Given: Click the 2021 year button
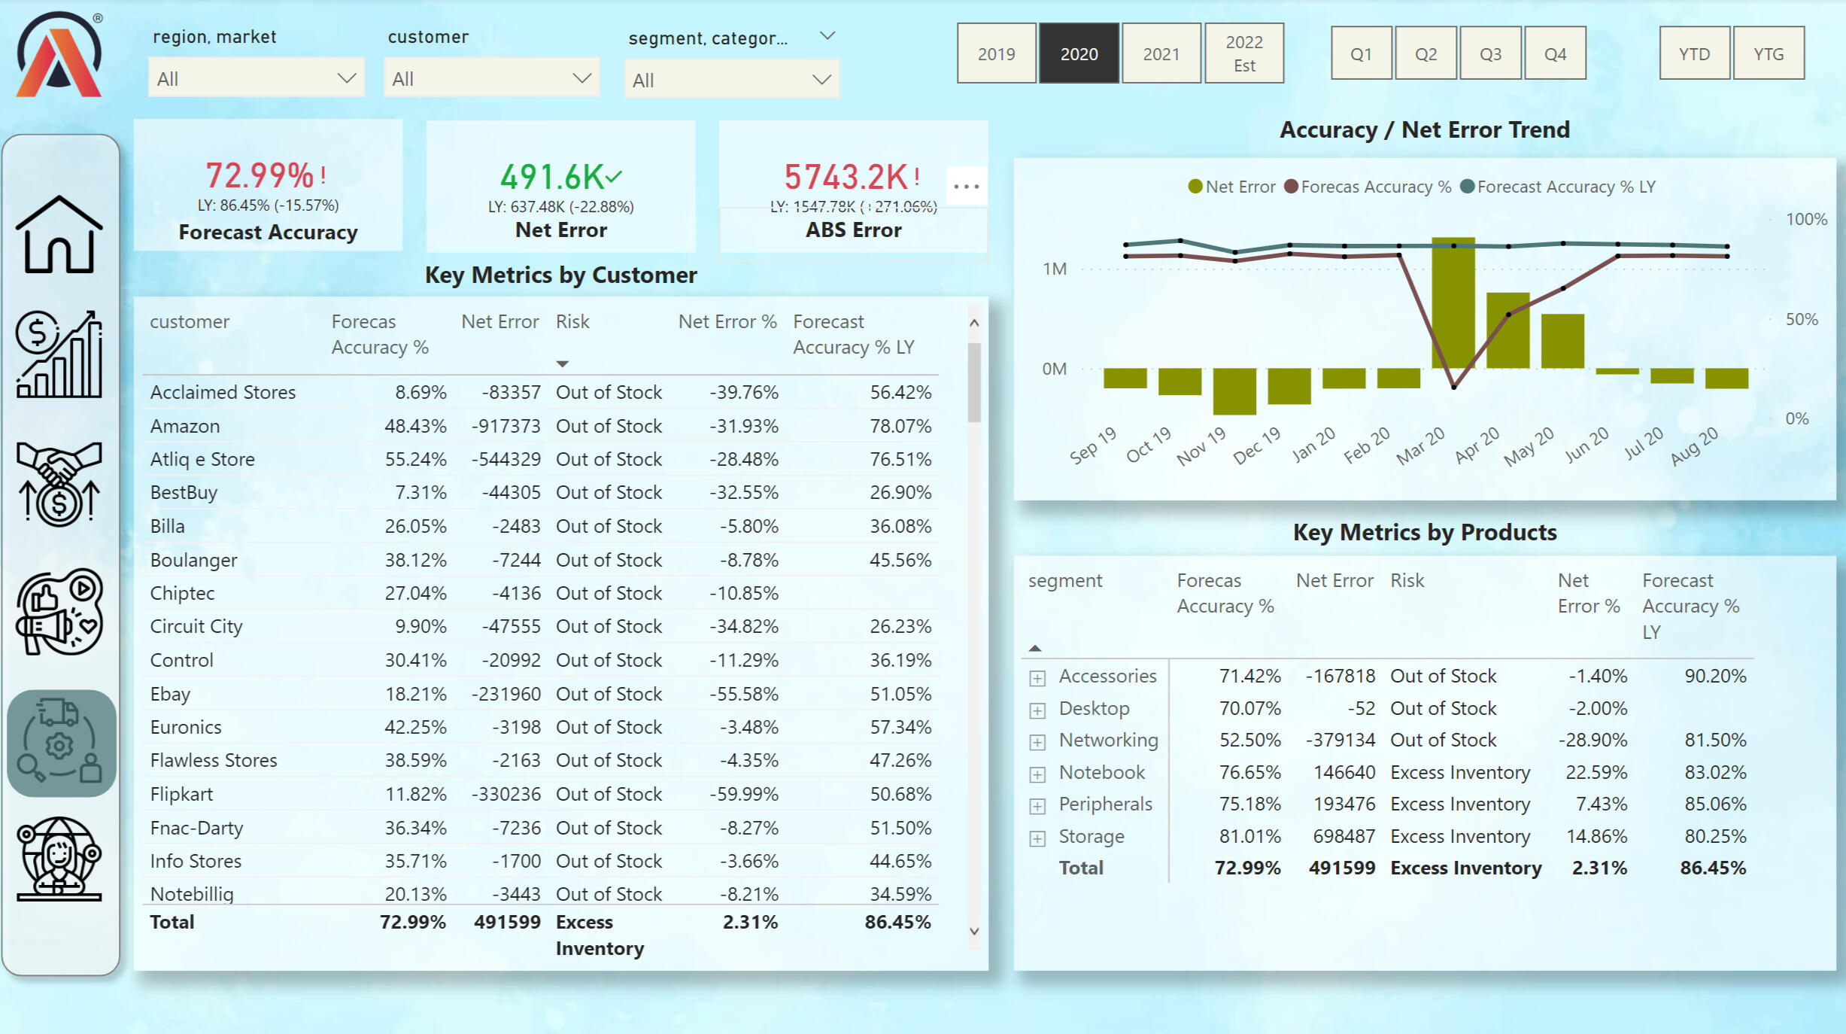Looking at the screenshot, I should pyautogui.click(x=1161, y=53).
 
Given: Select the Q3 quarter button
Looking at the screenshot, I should pyautogui.click(x=1490, y=53).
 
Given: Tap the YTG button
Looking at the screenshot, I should pyautogui.click(x=1768, y=53).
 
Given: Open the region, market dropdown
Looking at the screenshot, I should pyautogui.click(x=256, y=78).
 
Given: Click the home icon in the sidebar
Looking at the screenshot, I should pyautogui.click(x=59, y=234).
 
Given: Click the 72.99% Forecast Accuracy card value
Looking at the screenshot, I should pyautogui.click(x=260, y=175).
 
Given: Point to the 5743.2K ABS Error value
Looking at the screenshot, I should pyautogui.click(x=846, y=177).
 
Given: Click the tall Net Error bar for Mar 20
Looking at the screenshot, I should pyautogui.click(x=1453, y=303).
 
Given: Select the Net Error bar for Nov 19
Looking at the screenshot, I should pyautogui.click(x=1234, y=391).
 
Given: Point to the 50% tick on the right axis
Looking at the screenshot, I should pyautogui.click(x=1801, y=319).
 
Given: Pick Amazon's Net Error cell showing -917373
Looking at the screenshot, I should pyautogui.click(x=506, y=426).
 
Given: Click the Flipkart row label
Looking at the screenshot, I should pyautogui.click(x=181, y=794).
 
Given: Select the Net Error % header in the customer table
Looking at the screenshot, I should pyautogui.click(x=727, y=321).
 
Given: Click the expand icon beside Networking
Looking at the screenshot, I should pyautogui.click(x=1037, y=742).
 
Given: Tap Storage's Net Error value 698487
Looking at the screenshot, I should pyautogui.click(x=1344, y=836).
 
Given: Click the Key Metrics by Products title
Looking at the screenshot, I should pyautogui.click(x=1424, y=532).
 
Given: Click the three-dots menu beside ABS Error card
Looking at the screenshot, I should pyautogui.click(x=966, y=186).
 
